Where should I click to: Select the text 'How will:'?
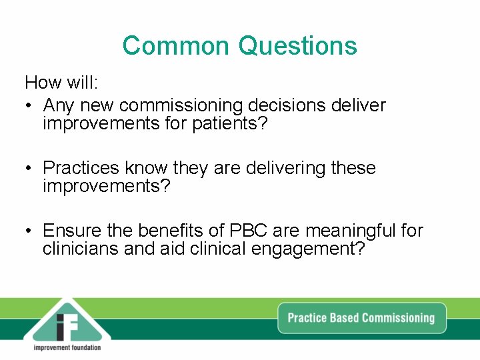[61, 83]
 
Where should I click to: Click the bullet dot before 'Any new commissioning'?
[29, 106]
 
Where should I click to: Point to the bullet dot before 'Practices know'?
[29, 169]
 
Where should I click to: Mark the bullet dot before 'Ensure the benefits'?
[29, 231]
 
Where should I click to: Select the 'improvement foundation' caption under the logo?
[67, 348]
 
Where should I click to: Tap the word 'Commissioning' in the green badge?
[398, 317]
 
